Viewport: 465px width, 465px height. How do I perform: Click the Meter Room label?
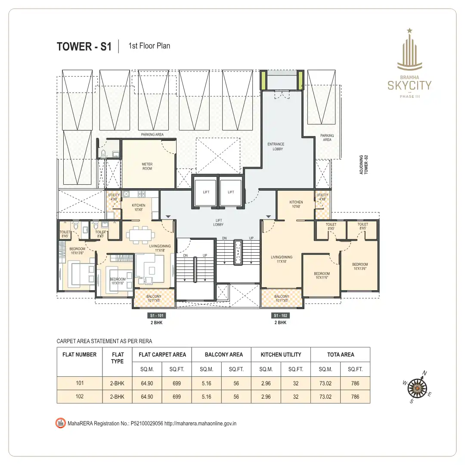[x=147, y=166]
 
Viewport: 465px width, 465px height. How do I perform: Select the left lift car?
[x=206, y=192]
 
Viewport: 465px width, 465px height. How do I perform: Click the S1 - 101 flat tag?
[x=154, y=316]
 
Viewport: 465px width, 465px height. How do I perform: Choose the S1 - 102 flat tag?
[x=281, y=316]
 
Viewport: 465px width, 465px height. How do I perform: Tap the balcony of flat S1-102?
[x=282, y=298]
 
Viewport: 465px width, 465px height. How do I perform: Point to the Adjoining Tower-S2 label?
[x=364, y=165]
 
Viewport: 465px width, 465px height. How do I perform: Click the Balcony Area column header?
[x=223, y=355]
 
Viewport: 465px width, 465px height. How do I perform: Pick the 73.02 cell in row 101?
[x=325, y=383]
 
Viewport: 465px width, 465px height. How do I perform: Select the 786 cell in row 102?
[x=355, y=397]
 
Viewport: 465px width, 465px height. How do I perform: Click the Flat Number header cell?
[x=79, y=355]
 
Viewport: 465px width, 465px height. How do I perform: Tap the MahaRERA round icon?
[x=61, y=423]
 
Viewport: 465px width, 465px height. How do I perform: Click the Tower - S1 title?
[x=84, y=46]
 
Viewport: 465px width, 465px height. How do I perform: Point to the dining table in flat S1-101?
[x=140, y=235]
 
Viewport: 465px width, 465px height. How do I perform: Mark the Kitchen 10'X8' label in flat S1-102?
[x=296, y=204]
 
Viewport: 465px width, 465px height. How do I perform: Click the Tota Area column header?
[x=340, y=355]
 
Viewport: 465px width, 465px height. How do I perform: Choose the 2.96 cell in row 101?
[x=266, y=383]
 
